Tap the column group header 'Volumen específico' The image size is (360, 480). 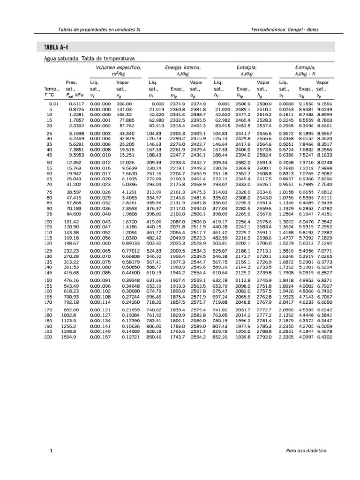[118, 67]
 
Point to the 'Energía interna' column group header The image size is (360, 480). [183, 67]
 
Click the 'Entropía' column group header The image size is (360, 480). [305, 67]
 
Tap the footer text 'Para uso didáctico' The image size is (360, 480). [306, 450]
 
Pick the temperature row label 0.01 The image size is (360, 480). [53, 104]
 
